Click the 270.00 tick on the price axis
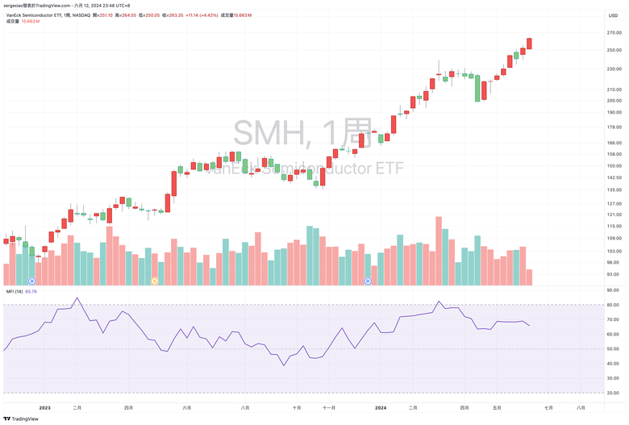tap(614, 33)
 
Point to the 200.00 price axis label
tap(614, 101)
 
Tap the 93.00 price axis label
tap(614, 274)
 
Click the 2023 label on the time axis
tap(45, 408)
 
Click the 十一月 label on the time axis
tap(329, 408)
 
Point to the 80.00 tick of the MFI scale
tap(613, 305)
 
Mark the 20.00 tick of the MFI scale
tap(613, 393)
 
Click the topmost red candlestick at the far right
tap(529, 44)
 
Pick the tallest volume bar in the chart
tap(439, 251)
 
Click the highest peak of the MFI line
tap(77, 298)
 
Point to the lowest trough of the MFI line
tap(283, 365)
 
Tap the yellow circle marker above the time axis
tap(155, 281)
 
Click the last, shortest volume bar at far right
tap(529, 277)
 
